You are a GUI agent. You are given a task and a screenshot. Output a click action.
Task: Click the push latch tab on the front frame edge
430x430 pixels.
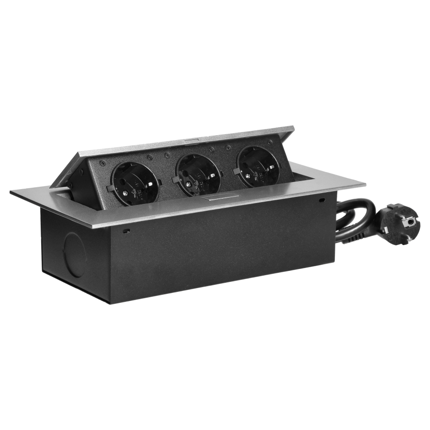tap(217, 197)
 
